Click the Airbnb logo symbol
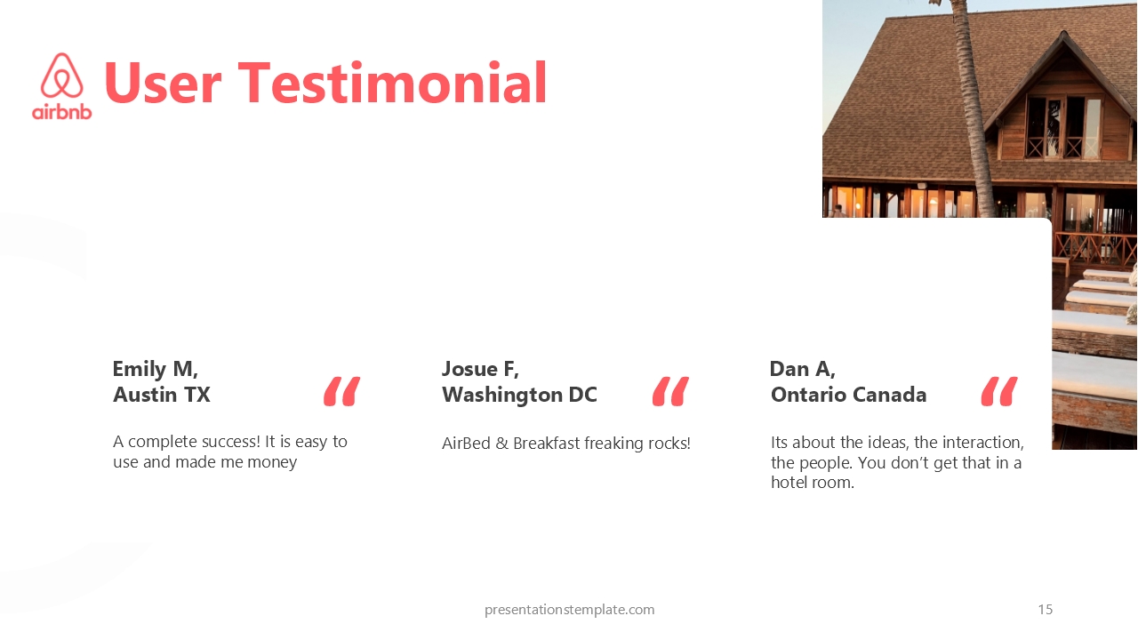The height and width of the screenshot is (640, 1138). tap(62, 76)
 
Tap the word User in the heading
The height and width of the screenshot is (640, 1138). tap(163, 83)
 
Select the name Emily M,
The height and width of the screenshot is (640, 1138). tap(155, 369)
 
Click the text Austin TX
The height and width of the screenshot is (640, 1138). tap(162, 395)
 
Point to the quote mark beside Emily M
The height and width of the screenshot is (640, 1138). tap(341, 391)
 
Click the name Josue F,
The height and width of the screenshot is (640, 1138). tap(480, 369)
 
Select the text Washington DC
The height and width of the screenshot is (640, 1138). tap(519, 396)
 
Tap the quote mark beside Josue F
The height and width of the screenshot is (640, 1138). tap(670, 391)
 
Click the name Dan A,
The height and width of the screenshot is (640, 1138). tap(803, 369)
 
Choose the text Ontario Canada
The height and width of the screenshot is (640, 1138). tap(848, 395)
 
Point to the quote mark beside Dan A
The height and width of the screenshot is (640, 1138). tap(999, 391)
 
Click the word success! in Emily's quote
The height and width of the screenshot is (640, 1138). tap(230, 442)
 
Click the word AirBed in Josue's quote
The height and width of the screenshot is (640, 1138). tap(466, 444)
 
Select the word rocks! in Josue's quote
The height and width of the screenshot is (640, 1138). tap(669, 444)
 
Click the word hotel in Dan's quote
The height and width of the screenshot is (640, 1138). tap(788, 483)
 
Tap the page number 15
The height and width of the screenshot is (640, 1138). tap(1045, 610)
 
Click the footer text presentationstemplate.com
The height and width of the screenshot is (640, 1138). tap(570, 610)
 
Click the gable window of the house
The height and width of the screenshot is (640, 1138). tap(1062, 126)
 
